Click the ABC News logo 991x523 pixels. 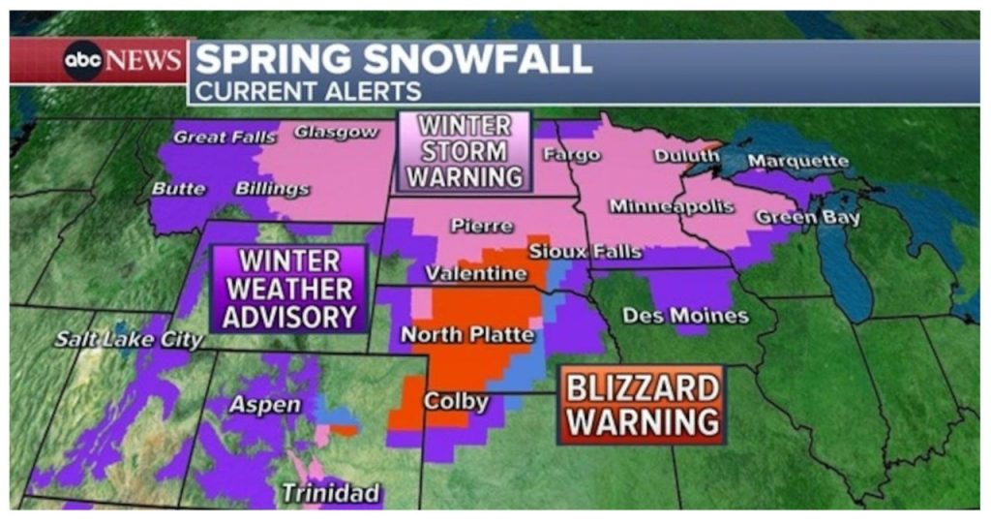tap(101, 61)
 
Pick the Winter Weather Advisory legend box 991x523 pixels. tap(289, 289)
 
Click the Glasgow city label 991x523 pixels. tap(336, 131)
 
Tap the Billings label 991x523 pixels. tap(272, 188)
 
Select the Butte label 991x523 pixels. tap(178, 189)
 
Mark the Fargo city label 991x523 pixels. tap(572, 155)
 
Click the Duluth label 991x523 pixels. tap(687, 155)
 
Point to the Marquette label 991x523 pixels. tap(798, 161)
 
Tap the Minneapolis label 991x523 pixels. tap(672, 206)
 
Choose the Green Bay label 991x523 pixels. tap(807, 218)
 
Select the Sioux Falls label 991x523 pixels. tap(585, 252)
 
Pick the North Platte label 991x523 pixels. tap(467, 335)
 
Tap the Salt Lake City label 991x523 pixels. tap(129, 340)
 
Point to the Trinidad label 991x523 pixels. tap(330, 493)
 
